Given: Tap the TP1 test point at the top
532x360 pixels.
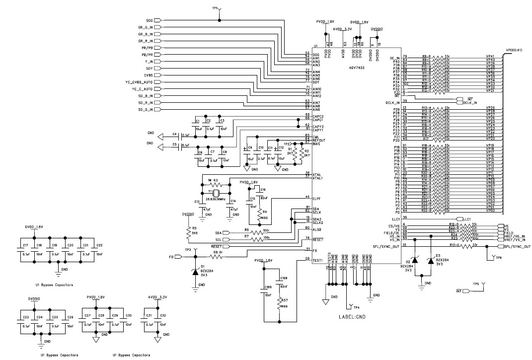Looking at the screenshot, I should [x=220, y=11].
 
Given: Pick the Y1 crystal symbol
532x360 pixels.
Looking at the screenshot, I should [x=217, y=193].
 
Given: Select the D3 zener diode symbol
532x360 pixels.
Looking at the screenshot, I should [x=431, y=261].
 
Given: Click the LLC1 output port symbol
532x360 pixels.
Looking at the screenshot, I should [x=462, y=218].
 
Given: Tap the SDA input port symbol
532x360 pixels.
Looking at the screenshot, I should [x=227, y=232].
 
